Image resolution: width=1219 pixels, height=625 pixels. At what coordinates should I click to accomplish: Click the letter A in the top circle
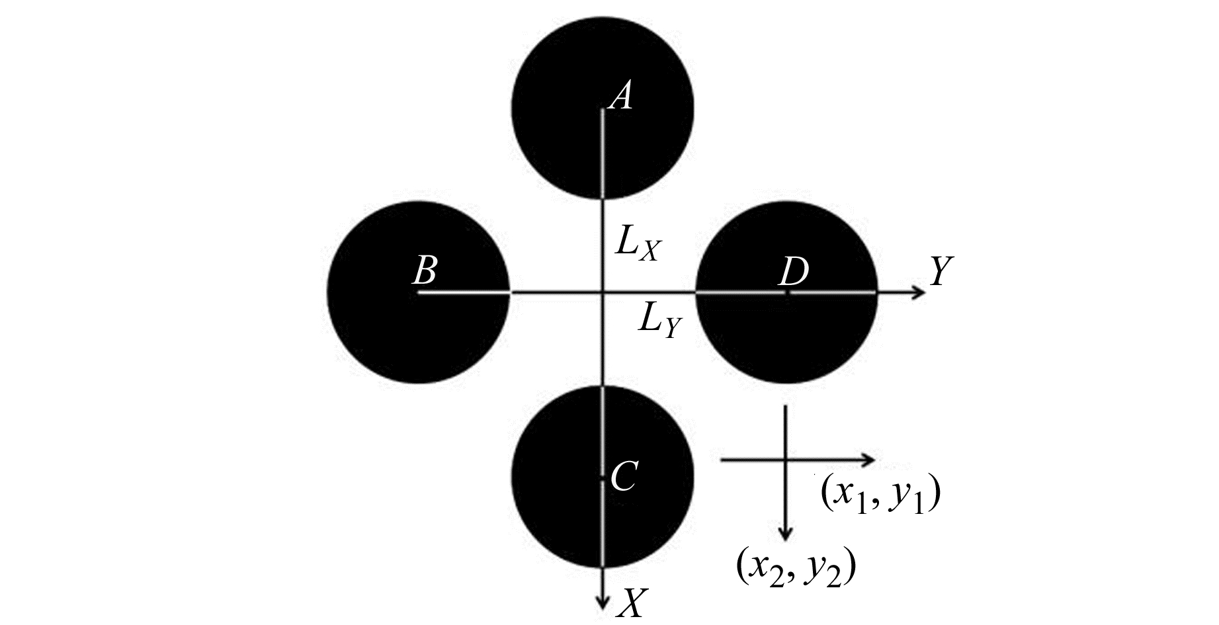pos(621,97)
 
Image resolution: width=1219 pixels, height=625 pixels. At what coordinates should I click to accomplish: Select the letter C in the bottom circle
pos(624,476)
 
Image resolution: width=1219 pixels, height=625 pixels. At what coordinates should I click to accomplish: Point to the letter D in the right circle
pos(794,271)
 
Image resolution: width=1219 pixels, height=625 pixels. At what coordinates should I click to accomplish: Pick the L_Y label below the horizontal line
pos(659,322)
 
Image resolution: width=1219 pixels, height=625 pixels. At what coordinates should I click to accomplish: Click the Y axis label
pos(940,271)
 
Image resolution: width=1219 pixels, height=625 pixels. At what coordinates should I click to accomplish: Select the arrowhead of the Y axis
pos(919,292)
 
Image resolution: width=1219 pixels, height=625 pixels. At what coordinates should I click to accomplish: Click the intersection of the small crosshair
pos(785,458)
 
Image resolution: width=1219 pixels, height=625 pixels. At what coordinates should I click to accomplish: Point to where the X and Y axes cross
pos(602,292)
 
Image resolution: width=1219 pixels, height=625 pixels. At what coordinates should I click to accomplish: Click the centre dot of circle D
pos(786,292)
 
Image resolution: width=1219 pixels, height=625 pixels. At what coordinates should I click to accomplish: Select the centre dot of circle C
pos(602,477)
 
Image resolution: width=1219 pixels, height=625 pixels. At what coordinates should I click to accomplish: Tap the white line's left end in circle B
pos(417,292)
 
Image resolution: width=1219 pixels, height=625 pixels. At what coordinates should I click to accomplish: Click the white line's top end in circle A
pos(602,109)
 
